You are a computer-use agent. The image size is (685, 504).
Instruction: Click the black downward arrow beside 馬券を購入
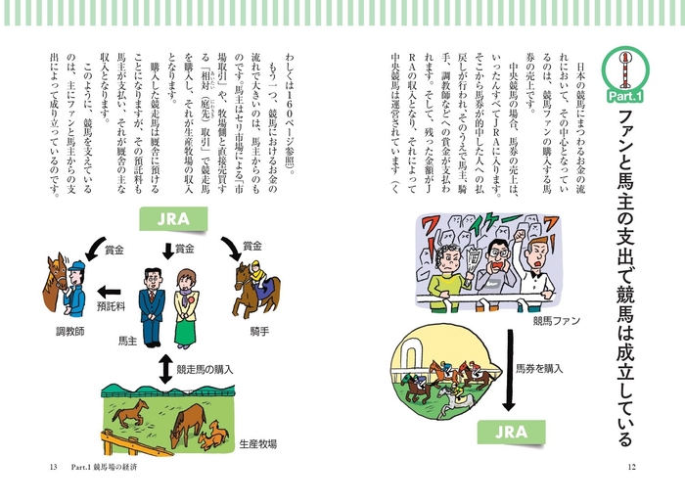[x=506, y=372]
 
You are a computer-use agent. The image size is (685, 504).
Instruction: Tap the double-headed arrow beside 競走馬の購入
[x=164, y=369]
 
